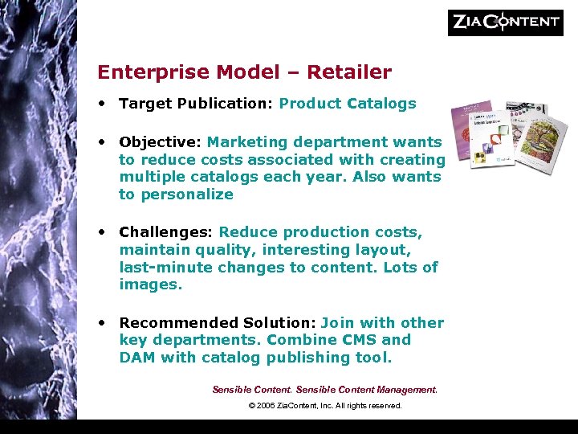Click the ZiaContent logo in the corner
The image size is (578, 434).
point(505,22)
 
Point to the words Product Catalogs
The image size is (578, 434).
point(348,103)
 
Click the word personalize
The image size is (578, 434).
point(187,194)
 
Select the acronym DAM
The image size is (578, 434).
point(137,358)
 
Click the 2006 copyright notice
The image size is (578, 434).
point(325,406)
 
